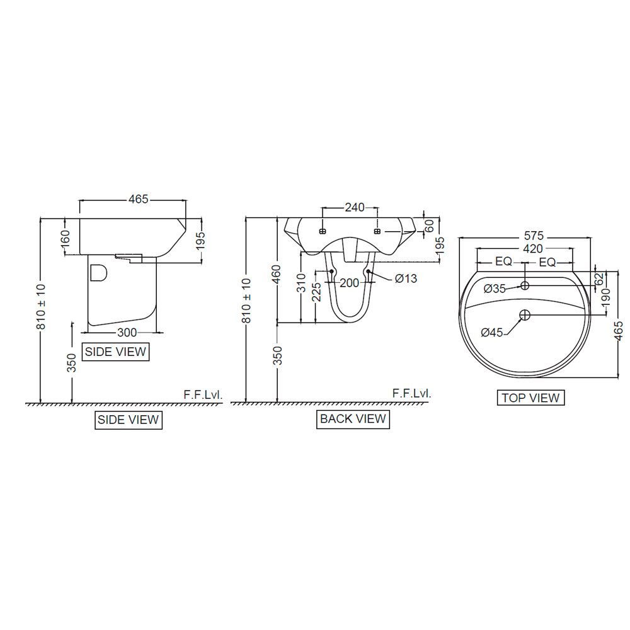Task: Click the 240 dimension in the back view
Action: (x=354, y=207)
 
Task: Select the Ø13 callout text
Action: (x=406, y=278)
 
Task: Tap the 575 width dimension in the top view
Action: (x=534, y=236)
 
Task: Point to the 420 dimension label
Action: (x=533, y=249)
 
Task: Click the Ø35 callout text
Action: (x=495, y=289)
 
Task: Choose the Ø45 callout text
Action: (x=492, y=332)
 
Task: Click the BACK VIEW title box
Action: (x=353, y=419)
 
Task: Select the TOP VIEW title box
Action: (x=530, y=398)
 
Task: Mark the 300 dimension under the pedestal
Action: (x=127, y=332)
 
